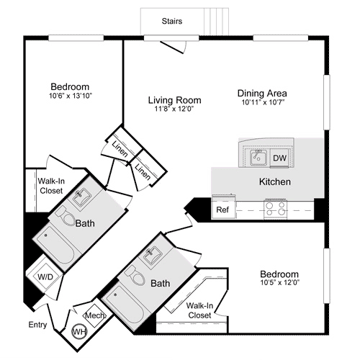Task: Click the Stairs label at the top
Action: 171,22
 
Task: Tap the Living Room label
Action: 174,100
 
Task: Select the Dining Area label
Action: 263,94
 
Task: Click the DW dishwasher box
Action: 279,158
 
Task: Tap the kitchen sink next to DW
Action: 257,157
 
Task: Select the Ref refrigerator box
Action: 222,210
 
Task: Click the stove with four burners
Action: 275,209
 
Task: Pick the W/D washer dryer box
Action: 44,276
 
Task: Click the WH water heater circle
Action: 78,330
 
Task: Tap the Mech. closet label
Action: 95,315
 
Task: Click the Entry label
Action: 38,325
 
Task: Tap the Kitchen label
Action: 274,182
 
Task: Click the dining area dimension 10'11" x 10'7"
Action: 263,103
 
